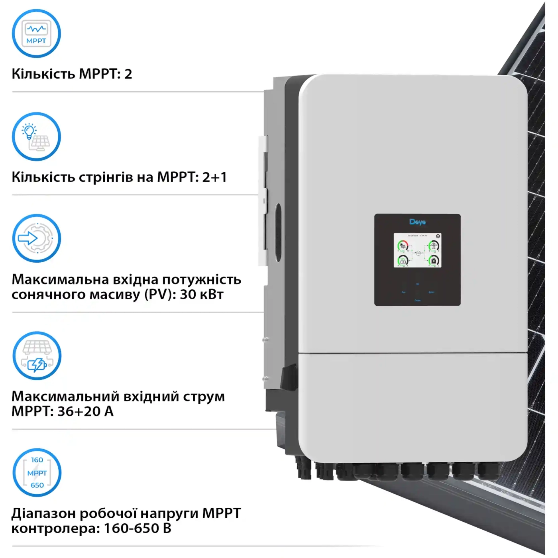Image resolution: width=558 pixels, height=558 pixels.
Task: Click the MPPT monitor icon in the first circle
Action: [x=36, y=33]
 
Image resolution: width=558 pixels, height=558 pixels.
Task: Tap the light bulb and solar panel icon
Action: [x=36, y=137]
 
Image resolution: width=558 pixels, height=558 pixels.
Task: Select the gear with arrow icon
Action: [x=36, y=238]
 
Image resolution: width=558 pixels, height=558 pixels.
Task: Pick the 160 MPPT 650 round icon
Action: [x=37, y=473]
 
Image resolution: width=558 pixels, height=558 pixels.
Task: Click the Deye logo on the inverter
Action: [x=417, y=222]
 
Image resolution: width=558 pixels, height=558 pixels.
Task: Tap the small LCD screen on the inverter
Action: [x=417, y=250]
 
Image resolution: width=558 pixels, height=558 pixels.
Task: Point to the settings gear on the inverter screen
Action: [x=438, y=236]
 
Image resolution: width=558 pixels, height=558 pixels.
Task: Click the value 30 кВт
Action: [x=201, y=295]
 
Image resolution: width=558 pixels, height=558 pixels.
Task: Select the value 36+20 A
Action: [x=85, y=411]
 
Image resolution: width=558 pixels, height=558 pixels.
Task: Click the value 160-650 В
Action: [x=138, y=529]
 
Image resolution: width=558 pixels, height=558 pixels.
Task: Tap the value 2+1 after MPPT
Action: [x=214, y=177]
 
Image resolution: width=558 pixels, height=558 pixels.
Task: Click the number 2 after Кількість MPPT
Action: [x=128, y=74]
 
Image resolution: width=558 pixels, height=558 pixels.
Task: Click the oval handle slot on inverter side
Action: [x=278, y=232]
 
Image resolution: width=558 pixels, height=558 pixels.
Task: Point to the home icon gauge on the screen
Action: [x=433, y=261]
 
